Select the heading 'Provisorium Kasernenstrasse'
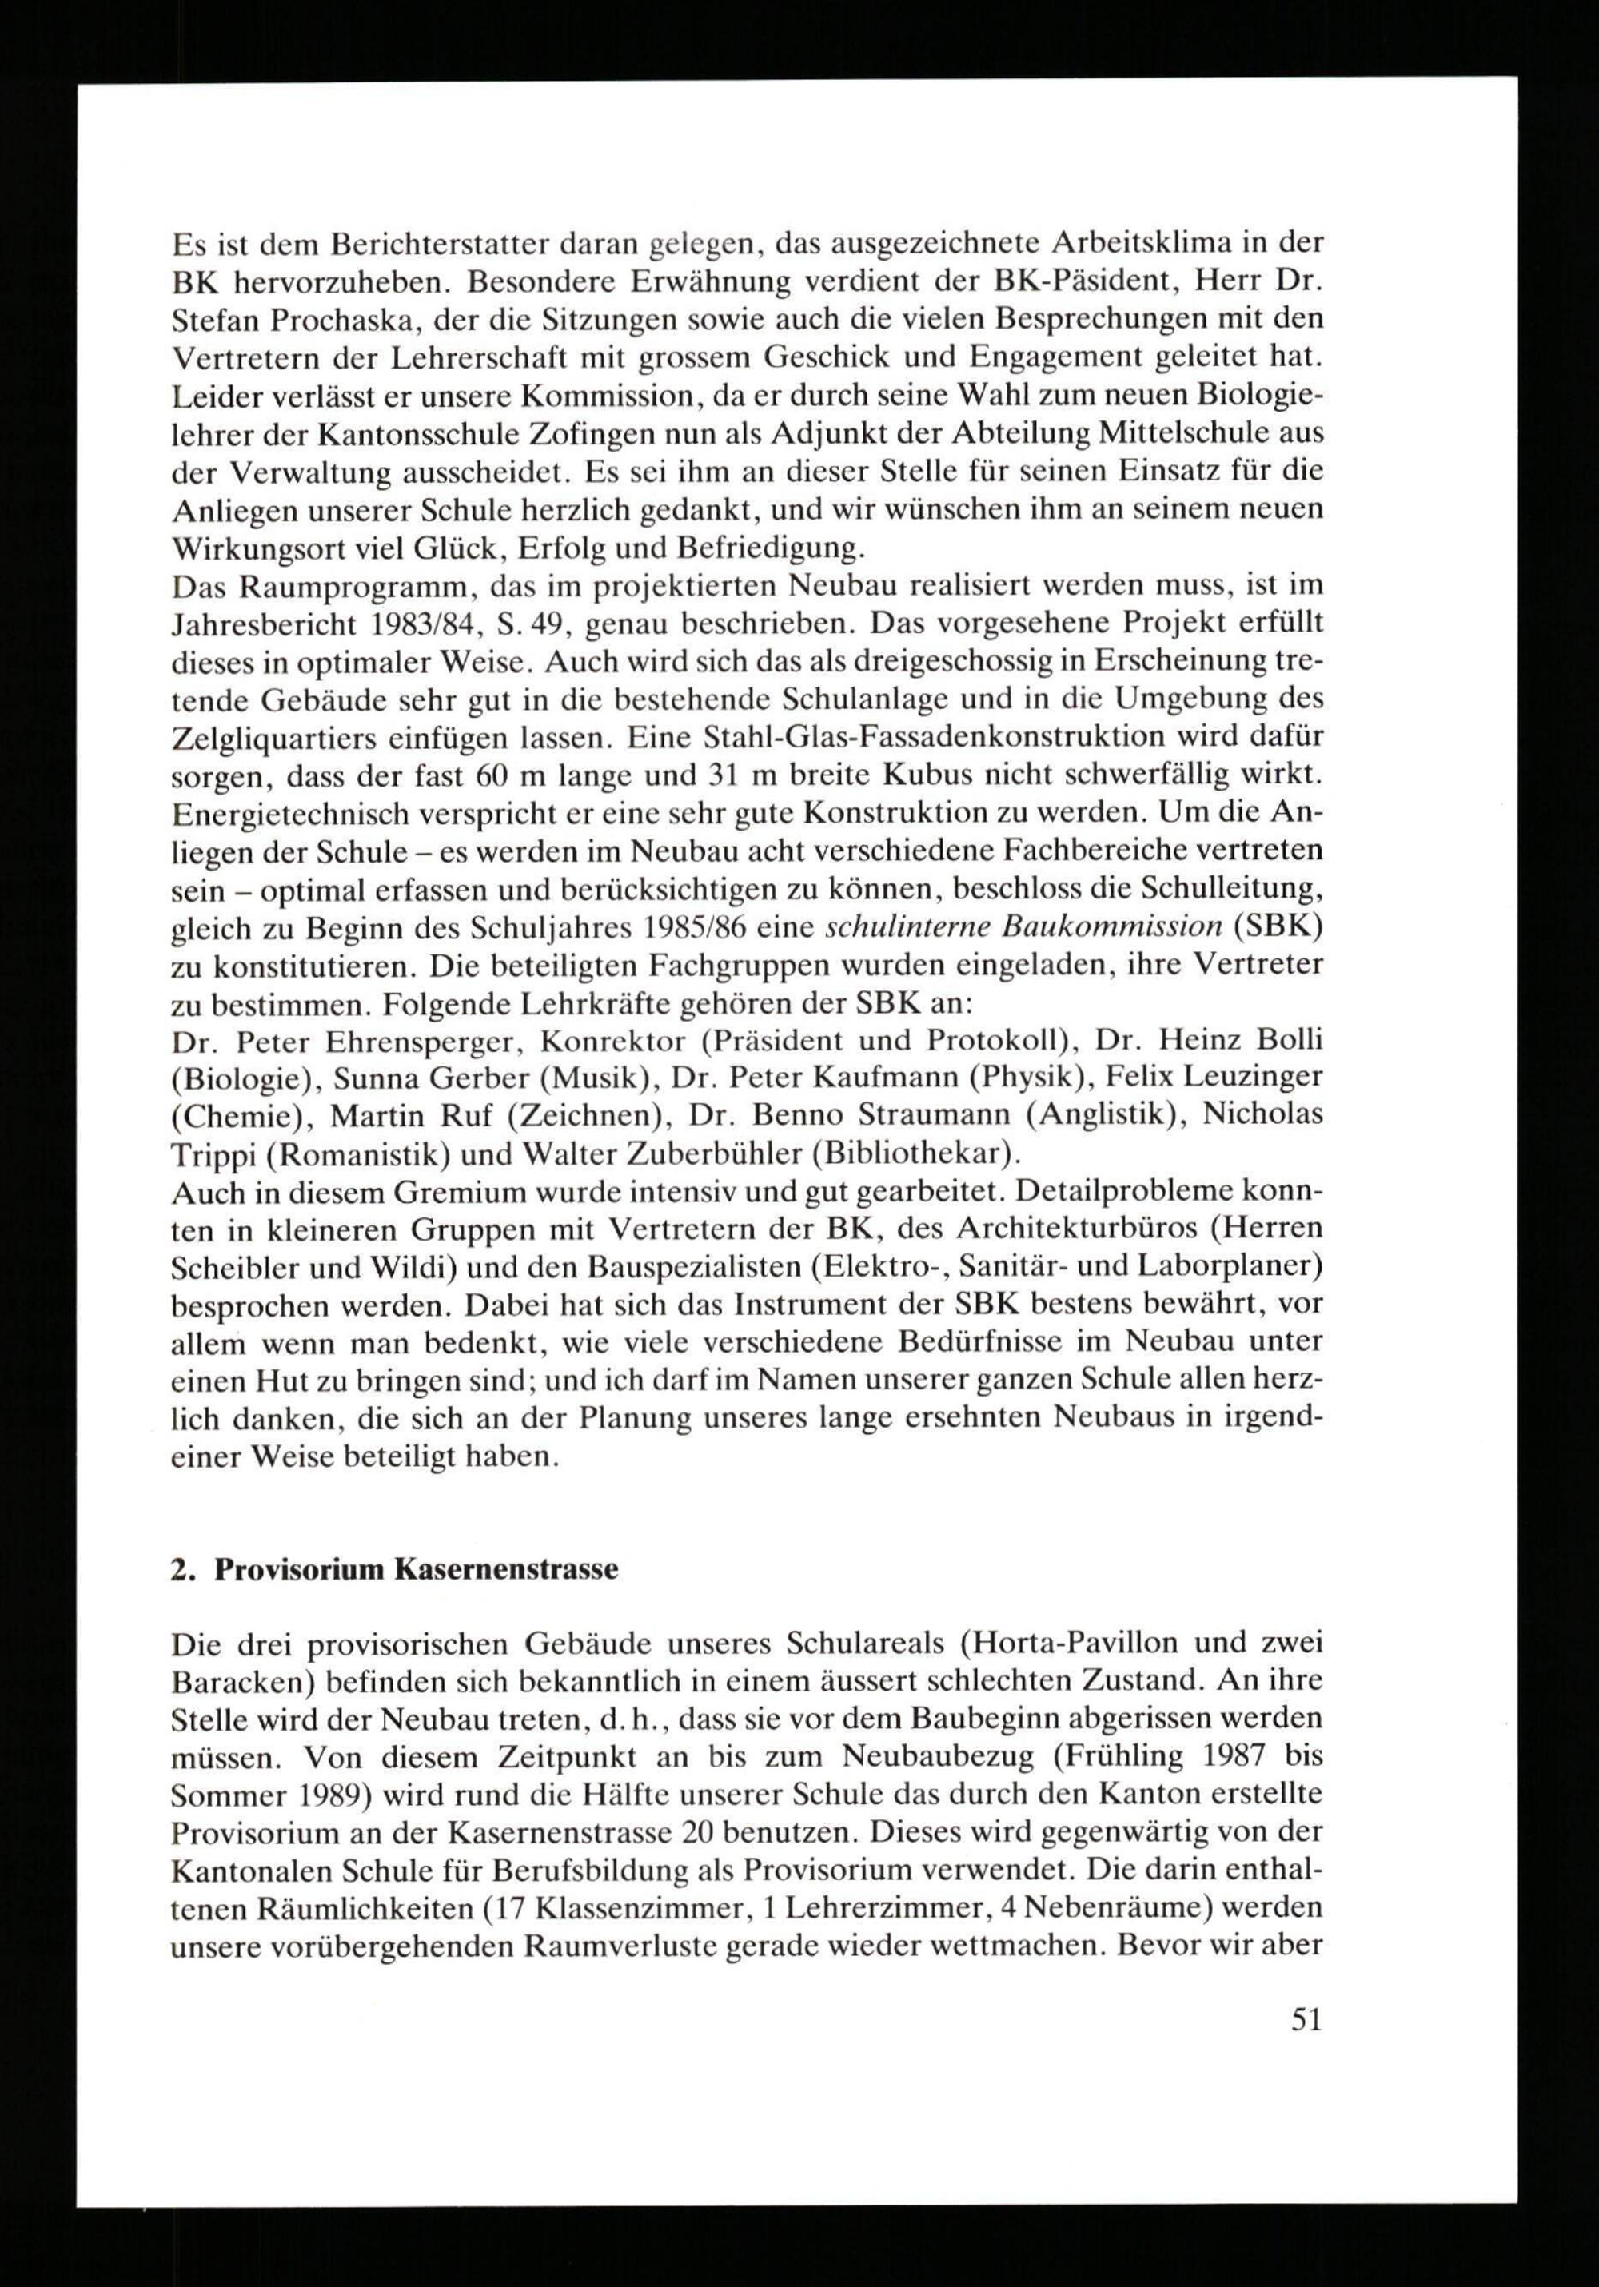click(417, 1570)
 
